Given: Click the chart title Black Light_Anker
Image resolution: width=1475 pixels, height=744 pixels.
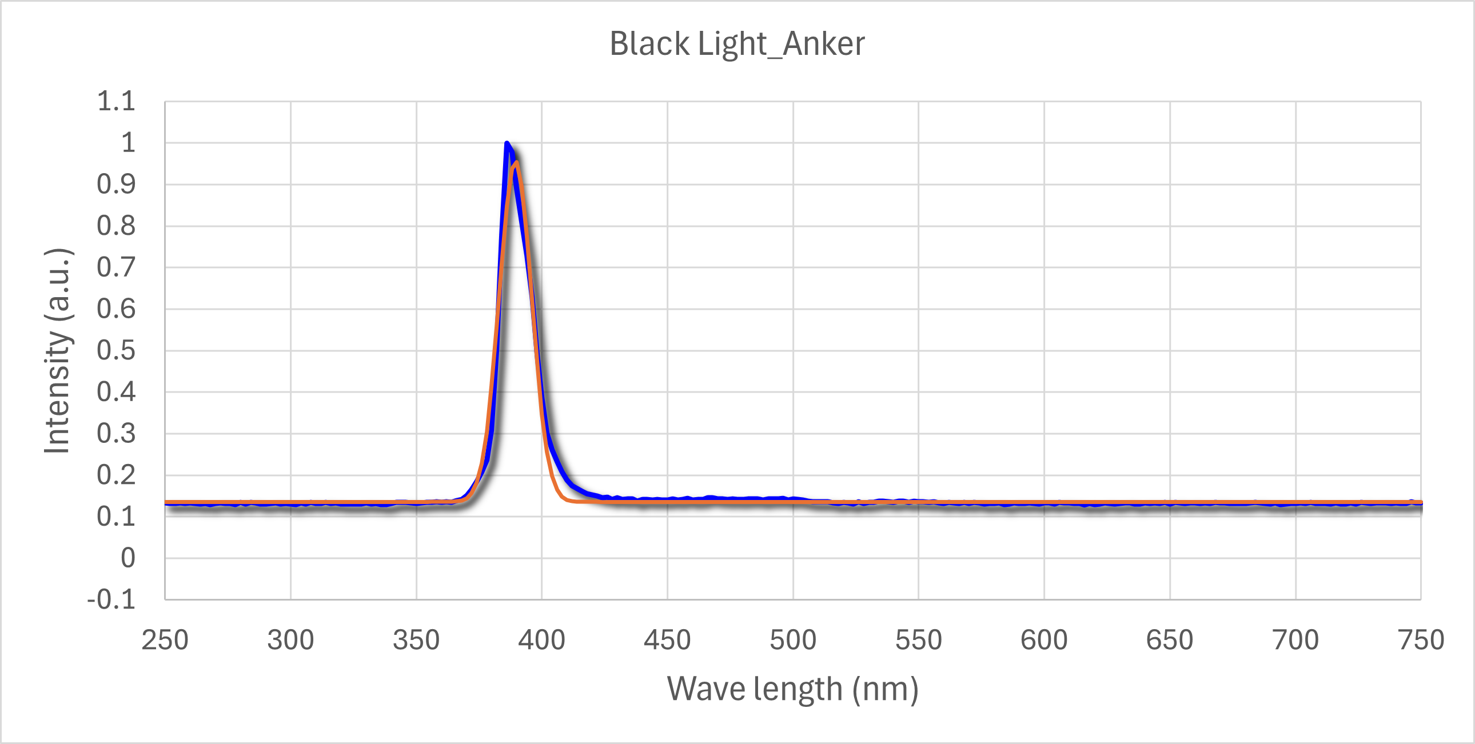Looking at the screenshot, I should [x=737, y=43].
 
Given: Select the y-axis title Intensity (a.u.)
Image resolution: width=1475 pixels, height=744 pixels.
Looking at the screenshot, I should [x=57, y=351].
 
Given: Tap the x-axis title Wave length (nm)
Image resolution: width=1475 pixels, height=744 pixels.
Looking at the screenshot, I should [x=792, y=689].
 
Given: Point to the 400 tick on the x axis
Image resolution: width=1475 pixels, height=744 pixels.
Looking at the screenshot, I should [x=541, y=640].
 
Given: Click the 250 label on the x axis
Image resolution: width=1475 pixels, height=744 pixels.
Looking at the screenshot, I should [x=165, y=640].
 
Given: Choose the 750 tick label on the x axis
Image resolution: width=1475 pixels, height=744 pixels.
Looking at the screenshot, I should [x=1421, y=640].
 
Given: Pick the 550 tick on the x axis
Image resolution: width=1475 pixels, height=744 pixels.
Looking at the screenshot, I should [x=918, y=640].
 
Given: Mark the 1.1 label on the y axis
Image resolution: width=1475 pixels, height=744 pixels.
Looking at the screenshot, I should [x=116, y=101].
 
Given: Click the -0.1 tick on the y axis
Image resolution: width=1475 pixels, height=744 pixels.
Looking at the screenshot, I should [x=111, y=600].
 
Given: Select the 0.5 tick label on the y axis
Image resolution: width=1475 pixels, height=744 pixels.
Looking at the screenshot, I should [x=116, y=350].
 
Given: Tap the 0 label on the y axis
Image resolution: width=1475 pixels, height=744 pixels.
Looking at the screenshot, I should [x=127, y=558].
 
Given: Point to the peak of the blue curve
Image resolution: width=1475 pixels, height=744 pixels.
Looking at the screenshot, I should [x=507, y=143].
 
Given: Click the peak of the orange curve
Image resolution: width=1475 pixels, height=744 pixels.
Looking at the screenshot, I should [x=516, y=162].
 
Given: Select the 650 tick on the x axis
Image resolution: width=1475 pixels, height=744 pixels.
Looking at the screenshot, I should [x=1169, y=640].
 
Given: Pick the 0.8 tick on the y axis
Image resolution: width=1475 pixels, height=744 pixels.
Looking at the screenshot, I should [x=116, y=226].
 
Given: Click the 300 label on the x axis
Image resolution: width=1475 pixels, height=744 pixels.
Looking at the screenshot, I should [x=290, y=640].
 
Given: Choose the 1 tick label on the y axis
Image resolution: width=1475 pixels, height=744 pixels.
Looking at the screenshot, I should [x=127, y=143].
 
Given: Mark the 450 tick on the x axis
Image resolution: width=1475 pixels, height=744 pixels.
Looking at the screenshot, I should [x=667, y=640].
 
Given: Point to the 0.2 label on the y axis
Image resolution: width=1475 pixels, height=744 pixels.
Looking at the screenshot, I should [x=116, y=475].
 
